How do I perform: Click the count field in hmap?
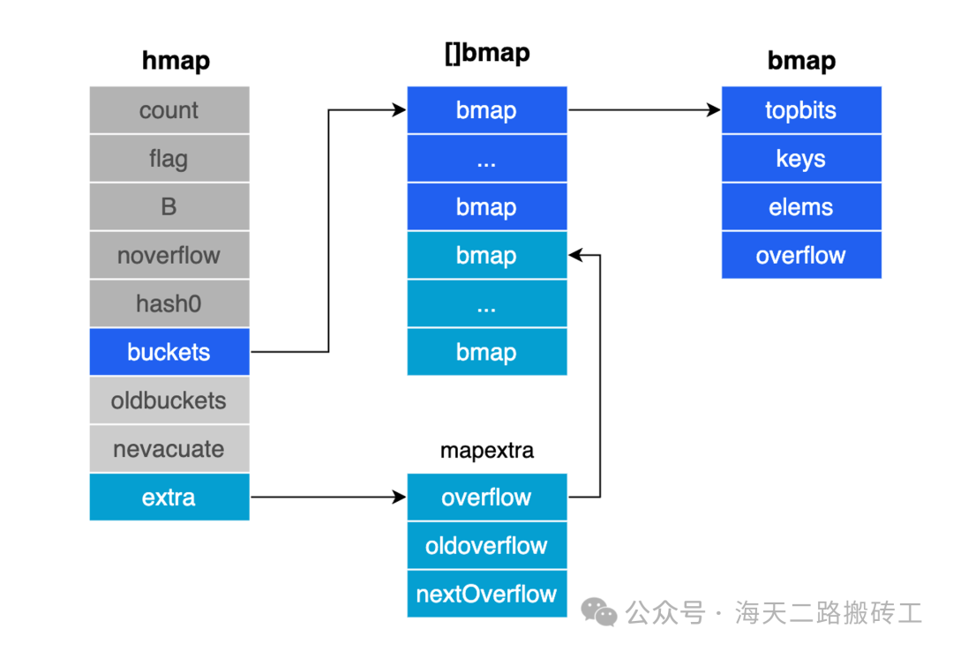tap(169, 110)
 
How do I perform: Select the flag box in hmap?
tap(169, 159)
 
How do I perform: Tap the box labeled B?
tap(169, 206)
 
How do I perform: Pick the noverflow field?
tap(169, 255)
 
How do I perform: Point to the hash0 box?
tap(169, 303)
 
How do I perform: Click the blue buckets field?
tap(169, 352)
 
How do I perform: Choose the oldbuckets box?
tap(169, 400)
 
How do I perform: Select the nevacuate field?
tap(169, 449)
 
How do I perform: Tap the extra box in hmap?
tap(169, 498)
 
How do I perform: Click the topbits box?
tap(801, 110)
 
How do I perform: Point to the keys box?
tap(801, 159)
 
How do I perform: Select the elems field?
tap(801, 206)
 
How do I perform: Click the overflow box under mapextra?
tap(487, 498)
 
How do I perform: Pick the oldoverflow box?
tap(487, 545)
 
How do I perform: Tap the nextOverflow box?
tap(487, 594)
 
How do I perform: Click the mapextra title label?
tap(487, 451)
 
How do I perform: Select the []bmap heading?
tap(487, 54)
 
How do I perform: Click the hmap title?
tap(176, 60)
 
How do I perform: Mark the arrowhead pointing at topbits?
tap(714, 110)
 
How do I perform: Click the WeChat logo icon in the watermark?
tap(598, 611)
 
